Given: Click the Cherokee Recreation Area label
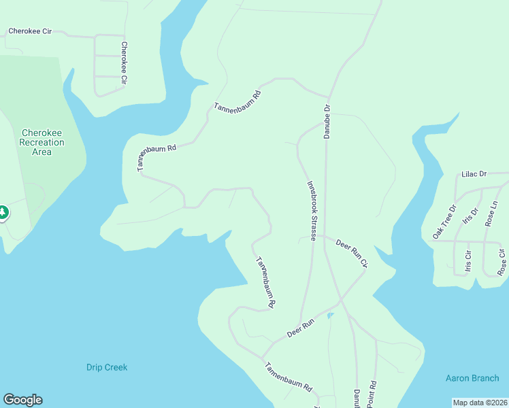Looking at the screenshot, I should [42, 143].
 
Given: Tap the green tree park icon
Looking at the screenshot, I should [3, 213].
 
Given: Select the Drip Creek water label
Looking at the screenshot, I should [107, 367].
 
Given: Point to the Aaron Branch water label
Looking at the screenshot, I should [472, 378].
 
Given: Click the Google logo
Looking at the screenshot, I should [22, 400].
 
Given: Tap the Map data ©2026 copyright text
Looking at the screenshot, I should [479, 403].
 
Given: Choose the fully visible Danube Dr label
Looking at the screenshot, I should [327, 118].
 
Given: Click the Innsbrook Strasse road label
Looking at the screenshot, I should [311, 211].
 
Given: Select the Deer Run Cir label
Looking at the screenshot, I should [352, 252].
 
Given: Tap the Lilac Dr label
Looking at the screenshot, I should [474, 174].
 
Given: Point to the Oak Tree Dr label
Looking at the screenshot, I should [444, 222].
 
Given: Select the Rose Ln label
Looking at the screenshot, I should [492, 213].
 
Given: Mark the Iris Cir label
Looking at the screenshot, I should [468, 262].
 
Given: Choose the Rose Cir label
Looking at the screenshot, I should [502, 262].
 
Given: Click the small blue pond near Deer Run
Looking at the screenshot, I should [331, 316].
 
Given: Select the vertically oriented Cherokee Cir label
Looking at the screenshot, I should [124, 63].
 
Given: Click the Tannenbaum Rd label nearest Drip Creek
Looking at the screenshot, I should [289, 378].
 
